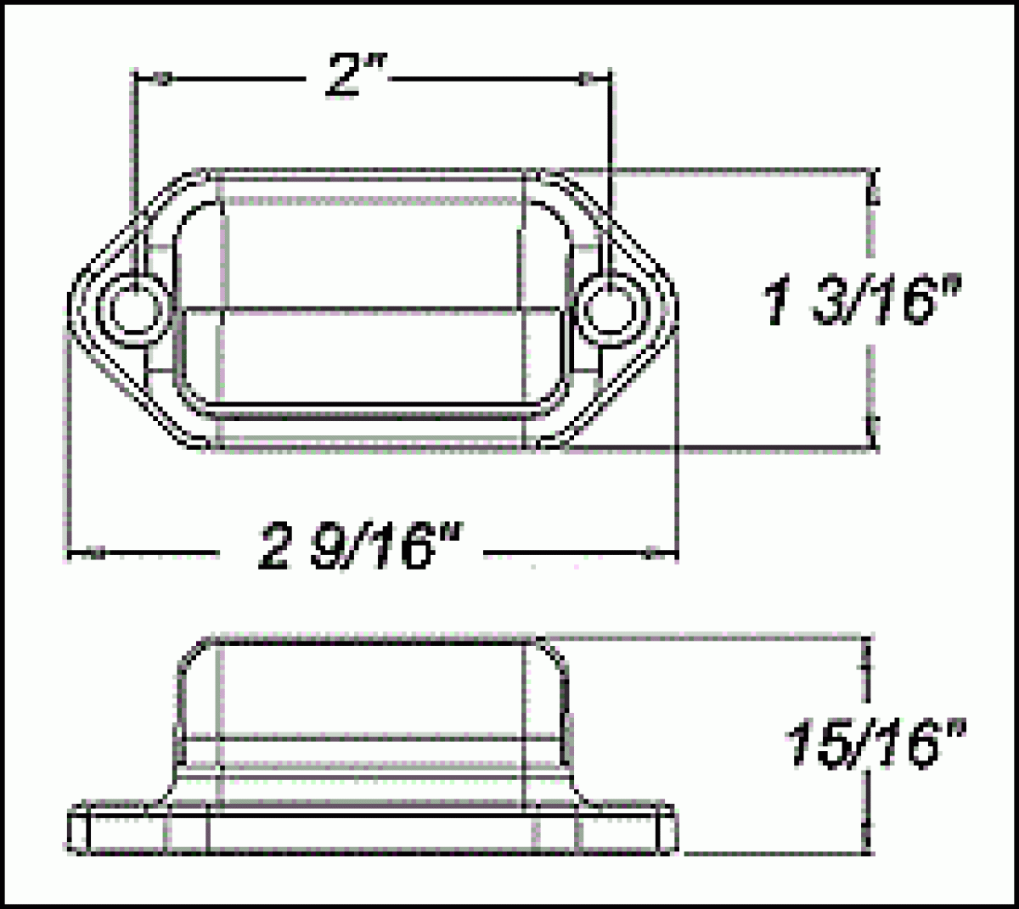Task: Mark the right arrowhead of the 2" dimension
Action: [586, 80]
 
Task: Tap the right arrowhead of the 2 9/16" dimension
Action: [652, 554]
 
